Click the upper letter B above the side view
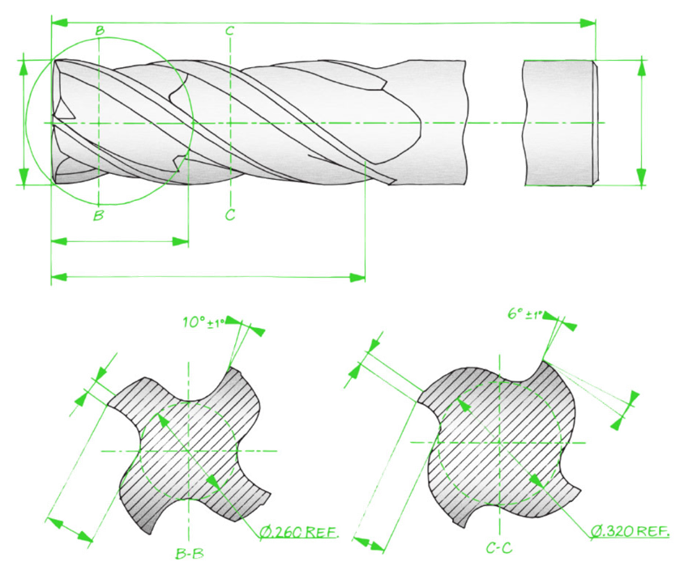100,30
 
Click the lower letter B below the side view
99,215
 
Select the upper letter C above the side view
230,31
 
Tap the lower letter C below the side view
230,215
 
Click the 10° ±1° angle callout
203,322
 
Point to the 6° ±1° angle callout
525,314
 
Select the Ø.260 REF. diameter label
299,532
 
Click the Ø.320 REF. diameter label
631,531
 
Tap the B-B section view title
190,553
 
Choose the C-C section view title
499,547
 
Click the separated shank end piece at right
561,123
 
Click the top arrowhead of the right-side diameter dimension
641,69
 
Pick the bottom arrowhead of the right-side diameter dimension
641,177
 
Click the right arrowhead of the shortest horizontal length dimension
180,241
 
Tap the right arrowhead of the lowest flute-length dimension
357,277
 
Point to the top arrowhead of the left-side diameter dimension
24,68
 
